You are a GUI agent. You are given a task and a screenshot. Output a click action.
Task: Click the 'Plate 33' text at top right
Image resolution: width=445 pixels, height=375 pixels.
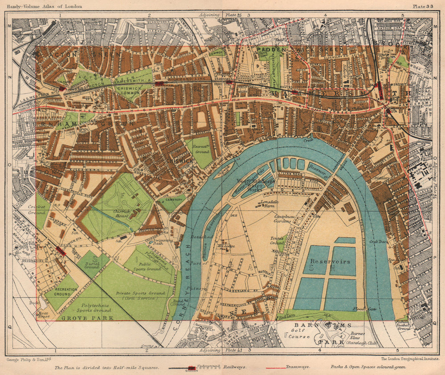425,6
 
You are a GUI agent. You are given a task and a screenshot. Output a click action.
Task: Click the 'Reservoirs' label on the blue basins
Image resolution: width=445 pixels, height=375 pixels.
330,262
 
